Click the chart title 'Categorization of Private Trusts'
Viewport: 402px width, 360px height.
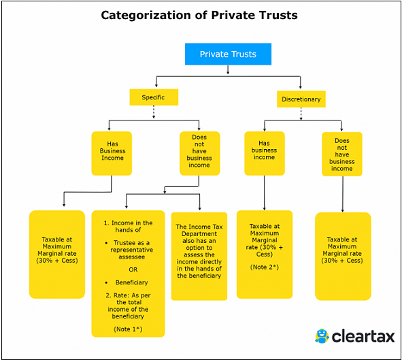pyautogui.click(x=199, y=14)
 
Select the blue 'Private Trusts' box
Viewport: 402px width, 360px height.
pyautogui.click(x=228, y=54)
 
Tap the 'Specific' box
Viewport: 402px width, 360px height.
pyautogui.click(x=153, y=97)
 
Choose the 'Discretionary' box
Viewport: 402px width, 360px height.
pyautogui.click(x=301, y=99)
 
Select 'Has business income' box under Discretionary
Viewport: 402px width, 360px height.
pyautogui.click(x=264, y=150)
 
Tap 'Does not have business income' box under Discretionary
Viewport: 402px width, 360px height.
pyautogui.click(x=341, y=154)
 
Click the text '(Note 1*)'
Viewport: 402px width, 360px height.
pyautogui.click(x=129, y=328)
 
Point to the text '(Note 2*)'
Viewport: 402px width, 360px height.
pyautogui.click(x=265, y=267)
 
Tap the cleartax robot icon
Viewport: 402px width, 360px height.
pyautogui.click(x=322, y=336)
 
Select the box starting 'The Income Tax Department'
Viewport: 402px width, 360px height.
pyautogui.click(x=199, y=251)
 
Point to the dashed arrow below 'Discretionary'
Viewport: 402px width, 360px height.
pyautogui.click(x=301, y=114)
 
